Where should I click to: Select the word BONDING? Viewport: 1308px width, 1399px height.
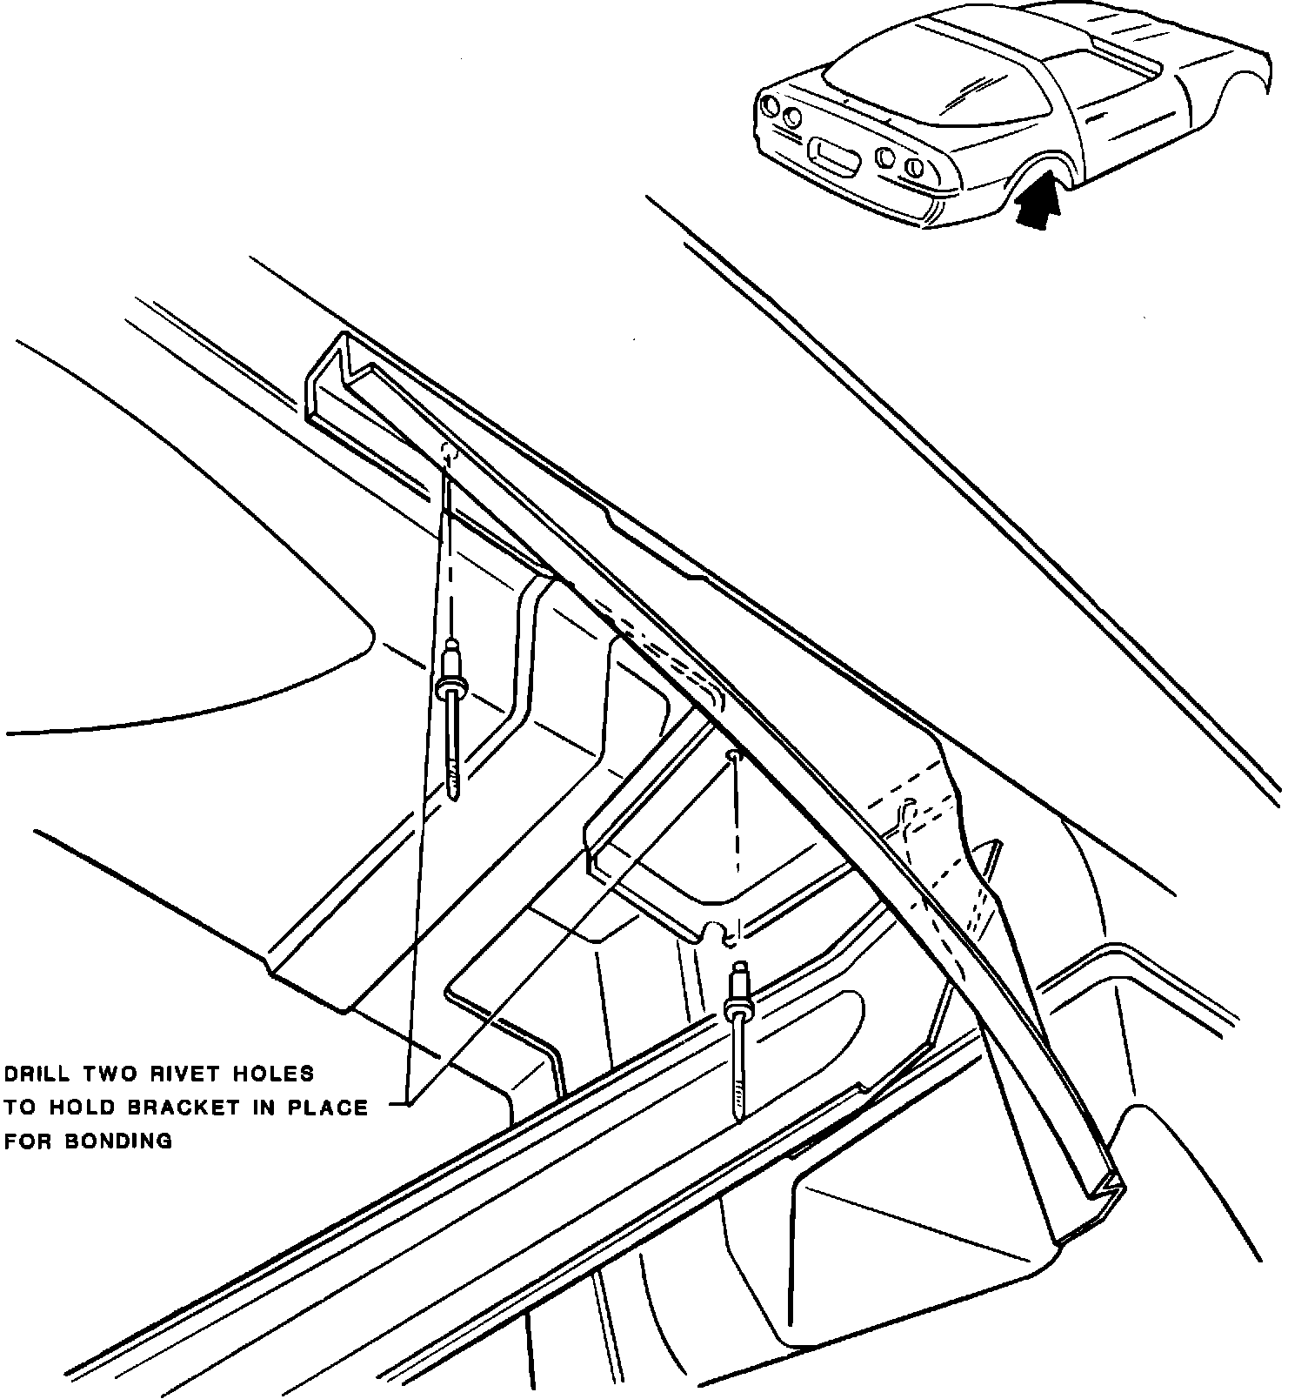tap(120, 1141)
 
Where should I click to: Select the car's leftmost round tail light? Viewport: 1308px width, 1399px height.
tap(769, 107)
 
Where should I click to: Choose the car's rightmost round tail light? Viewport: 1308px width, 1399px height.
tap(912, 165)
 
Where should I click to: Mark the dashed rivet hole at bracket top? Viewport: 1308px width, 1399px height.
tap(449, 452)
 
